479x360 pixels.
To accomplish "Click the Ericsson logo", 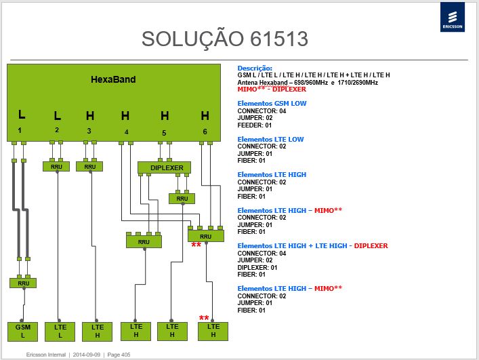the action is point(453,17).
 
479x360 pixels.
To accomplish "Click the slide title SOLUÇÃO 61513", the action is point(225,39).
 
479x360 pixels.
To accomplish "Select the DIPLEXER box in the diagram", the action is point(165,167).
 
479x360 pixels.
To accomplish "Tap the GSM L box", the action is point(22,332).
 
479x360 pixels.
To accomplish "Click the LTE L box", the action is point(60,332).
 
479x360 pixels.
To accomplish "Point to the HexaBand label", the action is point(113,79).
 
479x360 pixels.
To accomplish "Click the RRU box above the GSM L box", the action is point(23,283).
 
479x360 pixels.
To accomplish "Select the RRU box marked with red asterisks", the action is point(205,236).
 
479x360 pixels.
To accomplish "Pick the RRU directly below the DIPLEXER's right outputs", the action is point(182,199).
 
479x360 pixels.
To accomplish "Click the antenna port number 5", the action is point(164,133).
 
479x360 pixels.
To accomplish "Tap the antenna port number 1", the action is point(20,130).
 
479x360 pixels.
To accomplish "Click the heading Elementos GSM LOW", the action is point(272,103).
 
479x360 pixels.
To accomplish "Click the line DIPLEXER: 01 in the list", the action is point(257,267).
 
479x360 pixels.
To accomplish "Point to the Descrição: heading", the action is point(255,68).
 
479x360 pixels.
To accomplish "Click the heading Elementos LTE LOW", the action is point(270,140).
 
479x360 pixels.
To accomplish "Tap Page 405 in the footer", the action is point(119,355).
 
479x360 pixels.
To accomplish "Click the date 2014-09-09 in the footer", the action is point(87,355).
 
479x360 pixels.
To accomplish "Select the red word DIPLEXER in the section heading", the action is point(371,245).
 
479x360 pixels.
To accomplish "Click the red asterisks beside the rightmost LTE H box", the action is point(204,318).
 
